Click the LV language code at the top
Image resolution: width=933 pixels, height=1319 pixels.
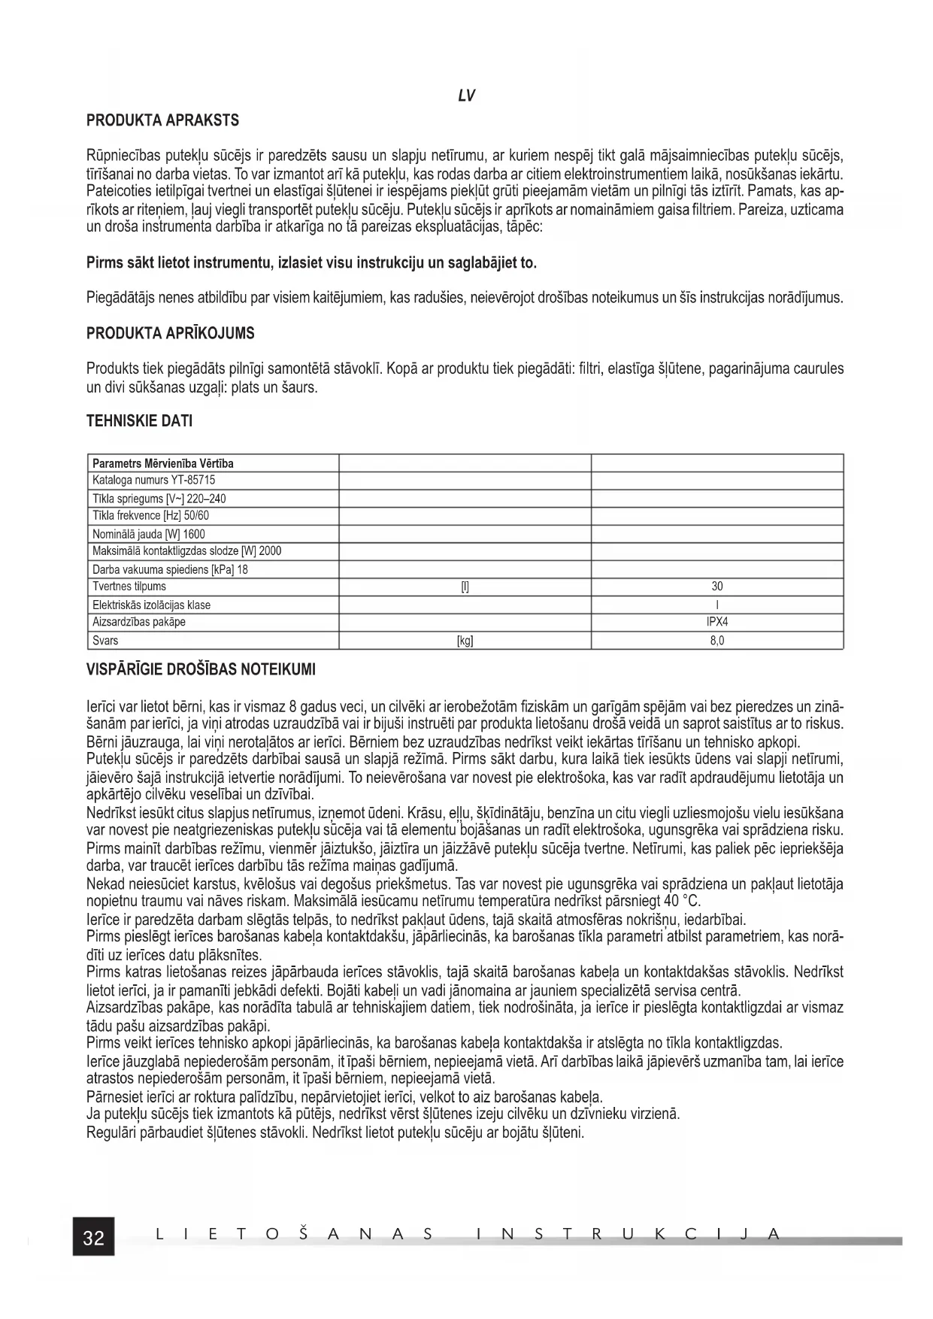(465, 96)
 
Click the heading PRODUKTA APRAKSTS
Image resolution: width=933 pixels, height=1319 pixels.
(162, 120)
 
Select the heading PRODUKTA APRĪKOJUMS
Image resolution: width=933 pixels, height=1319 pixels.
(171, 333)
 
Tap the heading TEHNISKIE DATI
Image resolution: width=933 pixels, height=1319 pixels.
(140, 421)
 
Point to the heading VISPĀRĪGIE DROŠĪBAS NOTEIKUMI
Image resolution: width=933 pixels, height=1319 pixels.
(201, 669)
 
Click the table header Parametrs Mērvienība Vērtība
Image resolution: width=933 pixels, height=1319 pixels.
(163, 463)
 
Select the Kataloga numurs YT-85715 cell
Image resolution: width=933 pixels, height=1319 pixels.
(154, 480)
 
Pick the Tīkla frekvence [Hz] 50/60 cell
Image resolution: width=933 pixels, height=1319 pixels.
(150, 515)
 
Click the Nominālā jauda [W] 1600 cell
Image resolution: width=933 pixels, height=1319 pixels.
(148, 534)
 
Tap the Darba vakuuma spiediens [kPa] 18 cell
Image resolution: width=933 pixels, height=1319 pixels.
(170, 569)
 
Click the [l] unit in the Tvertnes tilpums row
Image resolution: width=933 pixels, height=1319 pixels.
(465, 587)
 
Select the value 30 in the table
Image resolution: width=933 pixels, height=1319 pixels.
(717, 587)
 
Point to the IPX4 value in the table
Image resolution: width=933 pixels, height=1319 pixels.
(717, 622)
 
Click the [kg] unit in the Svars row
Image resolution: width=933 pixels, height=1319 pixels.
(465, 641)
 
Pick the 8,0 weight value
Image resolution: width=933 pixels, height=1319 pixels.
(717, 641)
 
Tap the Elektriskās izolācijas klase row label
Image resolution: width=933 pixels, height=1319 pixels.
(151, 605)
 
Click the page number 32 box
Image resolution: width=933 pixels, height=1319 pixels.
(93, 1238)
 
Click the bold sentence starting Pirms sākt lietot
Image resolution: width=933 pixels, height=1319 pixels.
(312, 263)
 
